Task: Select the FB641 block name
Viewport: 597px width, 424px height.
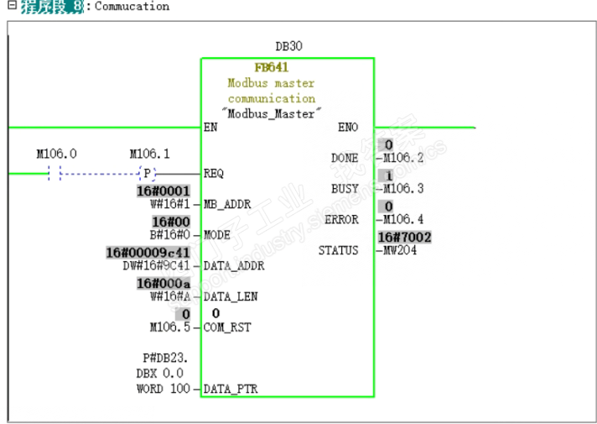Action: click(x=272, y=68)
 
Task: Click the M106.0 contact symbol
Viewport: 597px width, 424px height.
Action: click(x=55, y=174)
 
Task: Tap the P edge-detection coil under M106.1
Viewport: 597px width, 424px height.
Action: click(x=148, y=174)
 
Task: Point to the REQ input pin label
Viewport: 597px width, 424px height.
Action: click(x=214, y=174)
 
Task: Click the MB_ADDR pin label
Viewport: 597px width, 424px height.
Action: click(x=227, y=204)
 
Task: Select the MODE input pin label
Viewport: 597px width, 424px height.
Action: click(x=217, y=235)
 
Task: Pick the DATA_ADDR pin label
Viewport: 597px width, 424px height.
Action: click(x=234, y=266)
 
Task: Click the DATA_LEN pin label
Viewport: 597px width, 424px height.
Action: click(x=231, y=296)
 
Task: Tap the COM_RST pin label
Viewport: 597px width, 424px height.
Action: click(x=226, y=327)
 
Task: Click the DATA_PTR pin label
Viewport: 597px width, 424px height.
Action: click(x=231, y=389)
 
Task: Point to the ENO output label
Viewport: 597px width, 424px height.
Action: click(x=348, y=128)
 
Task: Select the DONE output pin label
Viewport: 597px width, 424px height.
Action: click(x=345, y=158)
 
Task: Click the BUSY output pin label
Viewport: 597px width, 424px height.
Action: click(x=345, y=189)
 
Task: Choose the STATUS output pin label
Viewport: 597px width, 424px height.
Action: click(x=338, y=250)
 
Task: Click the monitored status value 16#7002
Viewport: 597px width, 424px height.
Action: click(x=404, y=238)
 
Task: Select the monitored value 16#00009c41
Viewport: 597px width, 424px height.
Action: click(x=148, y=253)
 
